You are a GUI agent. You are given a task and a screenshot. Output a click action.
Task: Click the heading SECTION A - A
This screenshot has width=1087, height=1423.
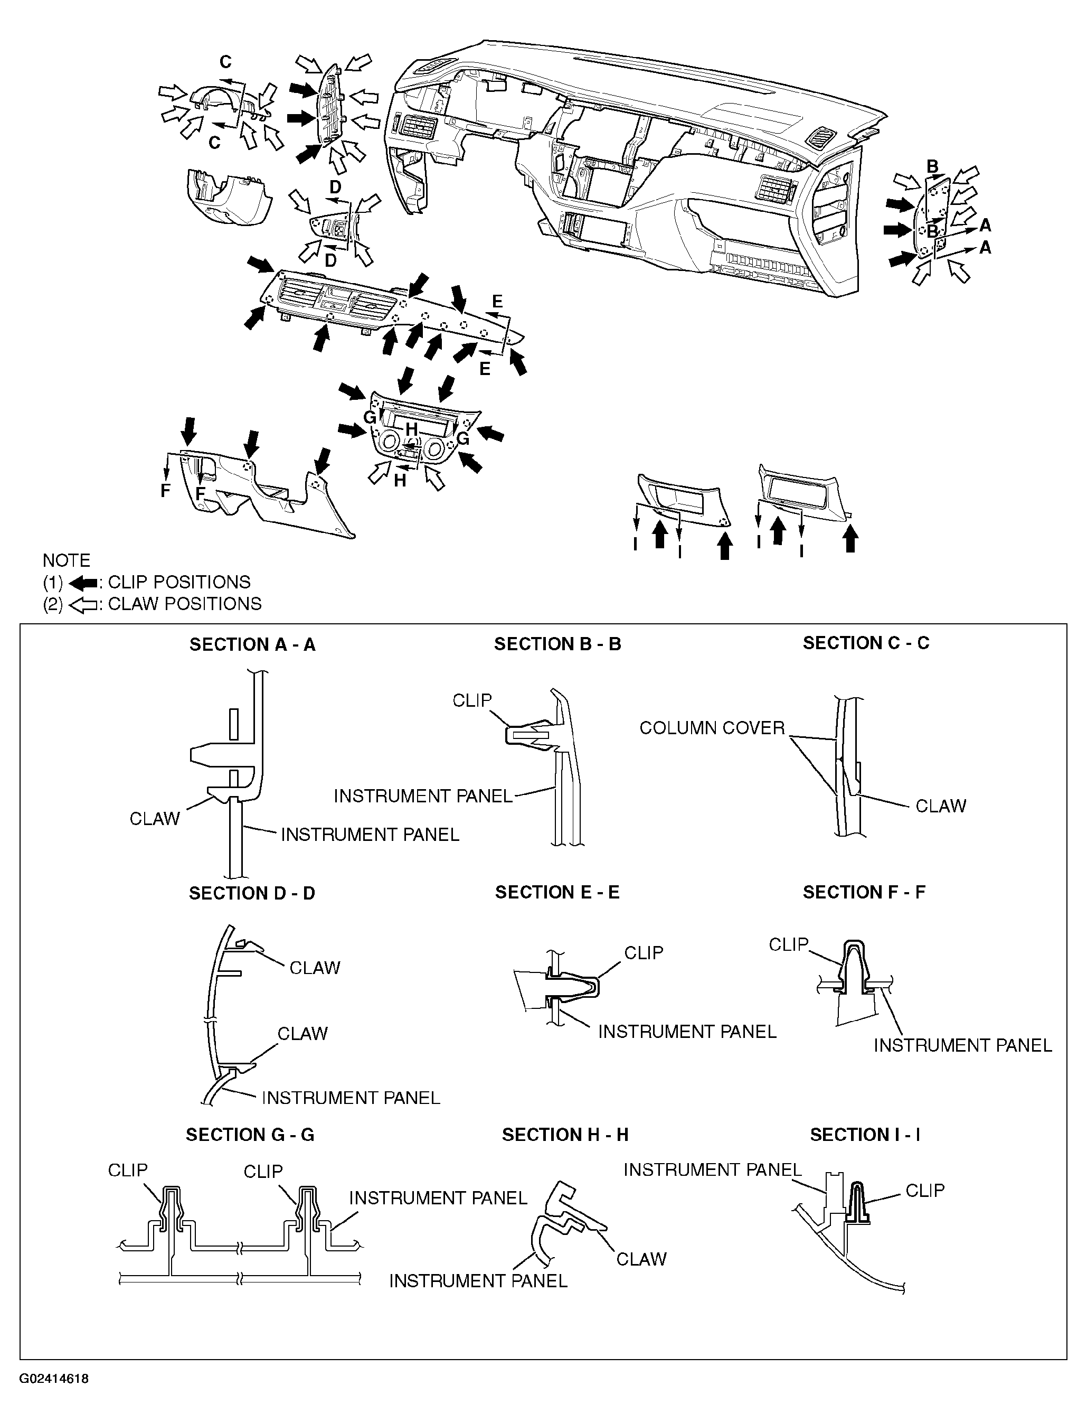(252, 645)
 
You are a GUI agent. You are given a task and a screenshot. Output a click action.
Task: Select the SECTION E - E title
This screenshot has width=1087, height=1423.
(557, 893)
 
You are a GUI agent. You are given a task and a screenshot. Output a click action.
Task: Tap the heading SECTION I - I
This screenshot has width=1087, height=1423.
(865, 1135)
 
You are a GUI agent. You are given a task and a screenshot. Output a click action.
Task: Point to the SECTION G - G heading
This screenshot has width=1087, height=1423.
(250, 1135)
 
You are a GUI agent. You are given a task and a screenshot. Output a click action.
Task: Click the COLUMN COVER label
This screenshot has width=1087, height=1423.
(712, 728)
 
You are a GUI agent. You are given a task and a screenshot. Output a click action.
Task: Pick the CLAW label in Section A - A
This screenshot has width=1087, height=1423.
(155, 819)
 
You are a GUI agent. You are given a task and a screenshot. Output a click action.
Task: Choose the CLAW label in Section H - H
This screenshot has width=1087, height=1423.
(641, 1259)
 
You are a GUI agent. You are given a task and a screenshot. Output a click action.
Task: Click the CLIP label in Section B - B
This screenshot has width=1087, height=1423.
(472, 700)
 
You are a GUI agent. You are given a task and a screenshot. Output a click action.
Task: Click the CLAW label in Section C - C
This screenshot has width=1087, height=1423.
(941, 806)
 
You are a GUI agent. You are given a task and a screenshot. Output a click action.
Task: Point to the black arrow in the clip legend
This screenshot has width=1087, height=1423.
(82, 583)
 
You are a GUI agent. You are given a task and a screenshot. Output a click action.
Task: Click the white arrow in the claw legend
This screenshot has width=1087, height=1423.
(82, 605)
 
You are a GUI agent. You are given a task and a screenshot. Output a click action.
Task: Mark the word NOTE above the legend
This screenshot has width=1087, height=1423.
(67, 560)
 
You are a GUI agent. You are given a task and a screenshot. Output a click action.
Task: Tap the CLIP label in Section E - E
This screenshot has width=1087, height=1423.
(644, 953)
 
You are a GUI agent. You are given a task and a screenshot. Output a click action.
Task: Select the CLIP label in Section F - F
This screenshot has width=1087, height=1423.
(789, 945)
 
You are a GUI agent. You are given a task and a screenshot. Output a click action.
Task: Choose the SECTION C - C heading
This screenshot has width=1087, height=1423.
(866, 643)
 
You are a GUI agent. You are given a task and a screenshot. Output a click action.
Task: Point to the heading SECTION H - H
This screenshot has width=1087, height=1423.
(565, 1135)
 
